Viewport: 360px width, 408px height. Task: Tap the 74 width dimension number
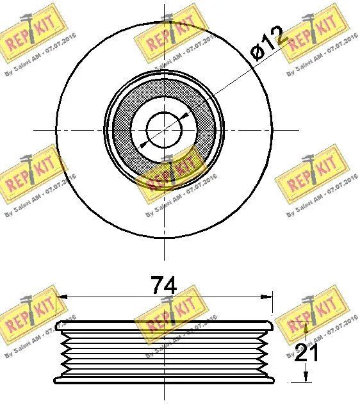(x=163, y=284)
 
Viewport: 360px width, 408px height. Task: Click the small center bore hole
(x=165, y=129)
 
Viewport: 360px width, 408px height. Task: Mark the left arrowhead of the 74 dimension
(x=61, y=296)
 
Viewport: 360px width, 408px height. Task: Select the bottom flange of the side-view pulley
(x=165, y=380)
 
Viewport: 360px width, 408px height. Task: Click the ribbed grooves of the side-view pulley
(x=165, y=352)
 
